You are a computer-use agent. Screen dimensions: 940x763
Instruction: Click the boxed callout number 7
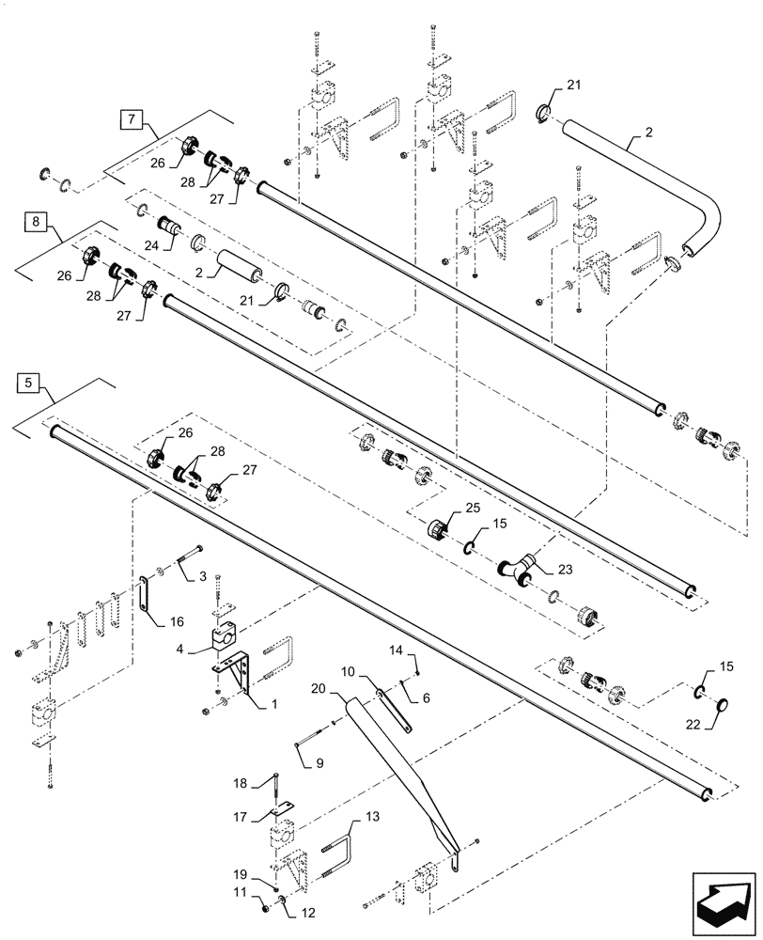tap(132, 119)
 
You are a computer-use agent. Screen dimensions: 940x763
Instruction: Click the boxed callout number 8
tap(35, 223)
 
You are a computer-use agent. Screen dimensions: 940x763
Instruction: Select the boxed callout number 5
tap(30, 383)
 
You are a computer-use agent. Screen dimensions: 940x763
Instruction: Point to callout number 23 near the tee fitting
tap(564, 569)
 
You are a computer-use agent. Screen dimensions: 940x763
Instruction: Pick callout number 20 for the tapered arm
tap(318, 688)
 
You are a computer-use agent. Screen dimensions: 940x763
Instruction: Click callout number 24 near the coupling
tap(152, 247)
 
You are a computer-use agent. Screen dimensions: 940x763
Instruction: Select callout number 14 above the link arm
tap(396, 650)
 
